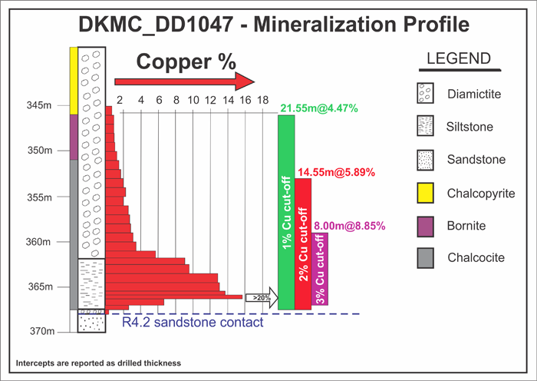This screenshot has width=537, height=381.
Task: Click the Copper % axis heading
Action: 186,61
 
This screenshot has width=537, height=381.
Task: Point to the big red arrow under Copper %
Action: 184,81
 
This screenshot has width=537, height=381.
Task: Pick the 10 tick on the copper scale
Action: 193,100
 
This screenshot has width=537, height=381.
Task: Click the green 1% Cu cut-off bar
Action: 286,212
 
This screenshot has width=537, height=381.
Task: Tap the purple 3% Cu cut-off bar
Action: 321,268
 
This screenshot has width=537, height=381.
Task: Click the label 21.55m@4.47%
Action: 320,108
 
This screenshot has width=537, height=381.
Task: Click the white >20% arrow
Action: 260,297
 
